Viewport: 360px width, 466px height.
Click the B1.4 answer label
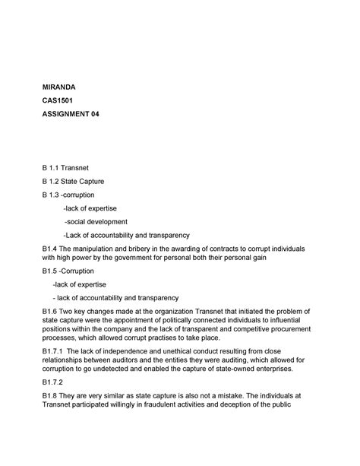coord(52,249)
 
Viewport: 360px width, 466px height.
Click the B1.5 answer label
coord(52,270)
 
